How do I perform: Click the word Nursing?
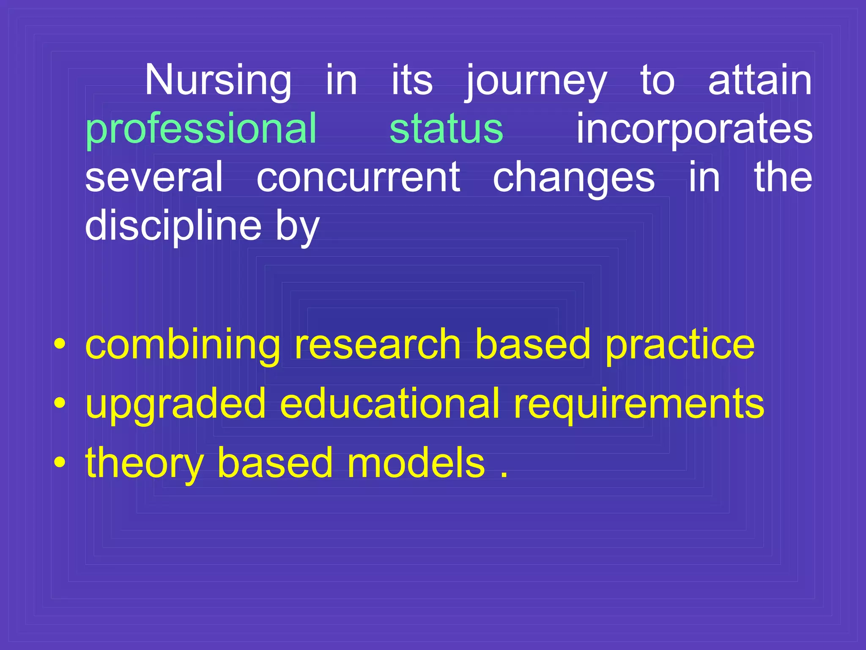pyautogui.click(x=218, y=80)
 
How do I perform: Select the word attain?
pyautogui.click(x=760, y=80)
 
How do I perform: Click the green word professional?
pyautogui.click(x=201, y=129)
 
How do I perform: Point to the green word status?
pyautogui.click(x=446, y=129)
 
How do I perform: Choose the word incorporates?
pyautogui.click(x=694, y=129)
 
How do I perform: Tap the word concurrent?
pyautogui.click(x=358, y=178)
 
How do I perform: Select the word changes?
pyautogui.click(x=574, y=178)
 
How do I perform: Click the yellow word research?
pyautogui.click(x=377, y=345)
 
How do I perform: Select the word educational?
pyautogui.click(x=389, y=404)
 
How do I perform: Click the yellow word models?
pyautogui.click(x=416, y=463)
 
